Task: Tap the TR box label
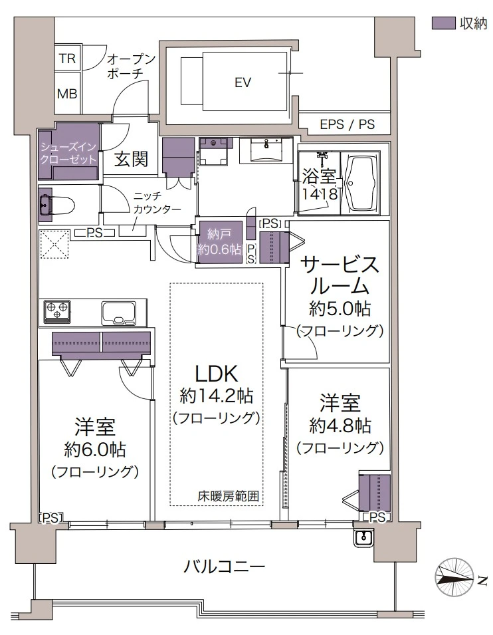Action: point(67,59)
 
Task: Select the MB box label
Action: point(67,94)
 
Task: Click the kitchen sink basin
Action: point(120,311)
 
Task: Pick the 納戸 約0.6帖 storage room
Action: point(219,241)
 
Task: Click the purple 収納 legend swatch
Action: point(442,23)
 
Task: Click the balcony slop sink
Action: point(363,537)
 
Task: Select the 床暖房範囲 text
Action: point(227,495)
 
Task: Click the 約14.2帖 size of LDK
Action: point(216,396)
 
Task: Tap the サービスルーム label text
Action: point(340,275)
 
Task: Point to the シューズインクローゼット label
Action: point(68,154)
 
